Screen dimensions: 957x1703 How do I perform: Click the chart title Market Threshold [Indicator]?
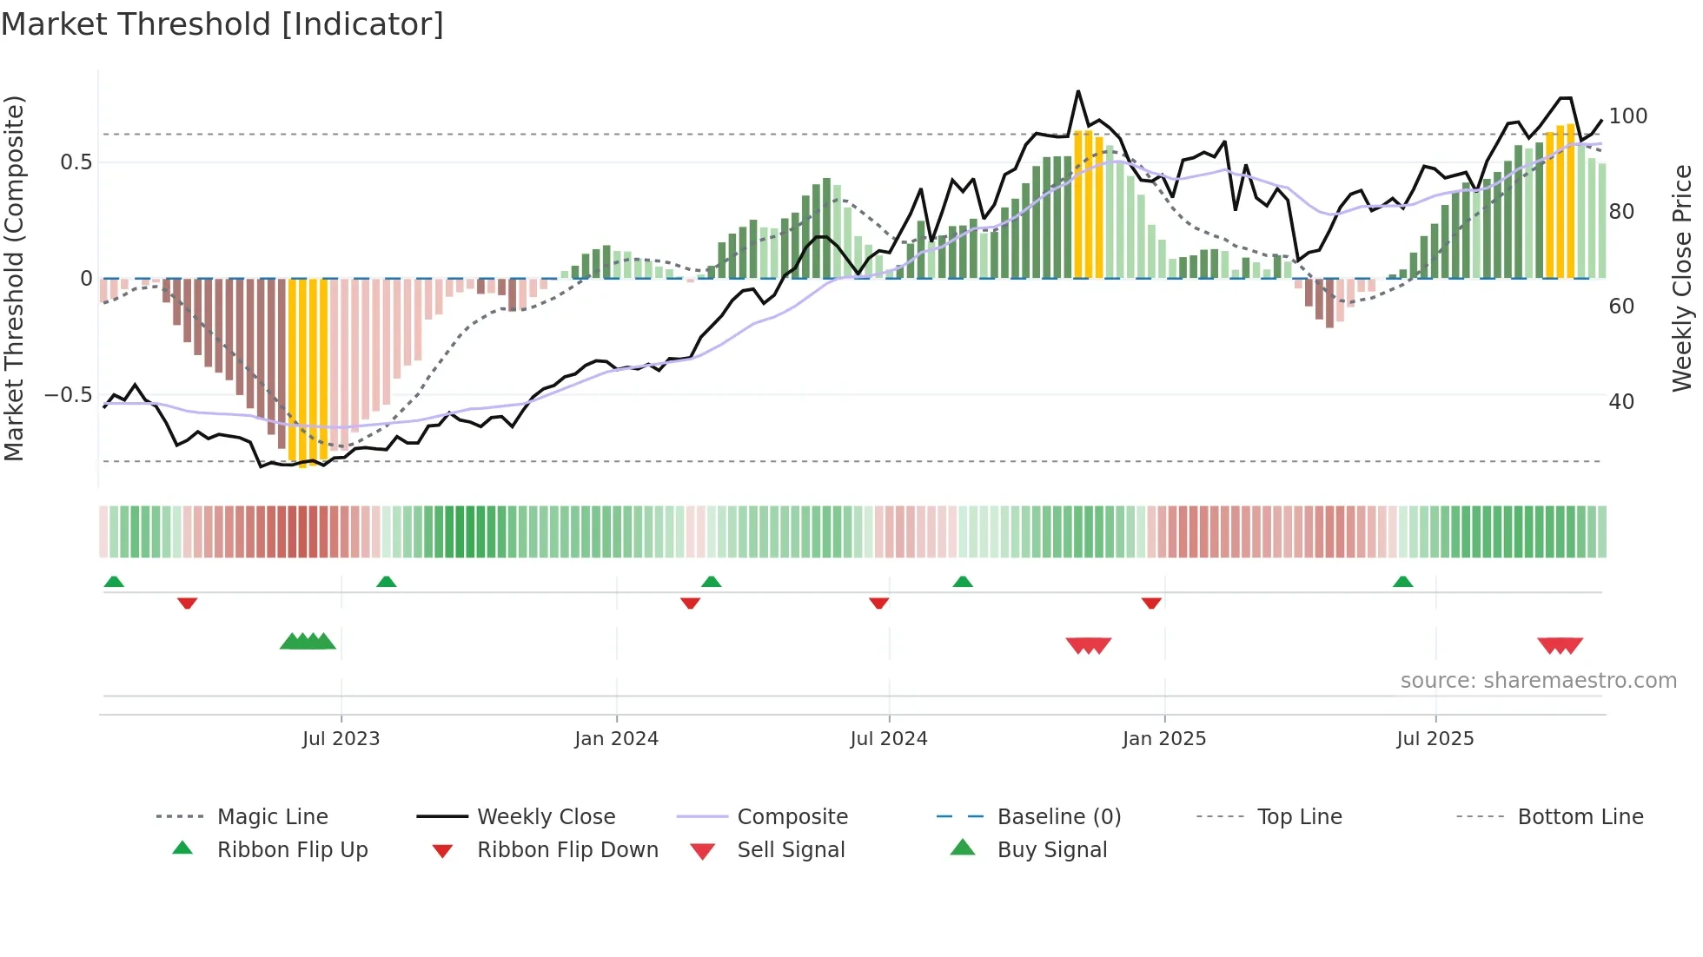[222, 24]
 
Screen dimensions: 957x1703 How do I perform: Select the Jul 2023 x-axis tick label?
[341, 739]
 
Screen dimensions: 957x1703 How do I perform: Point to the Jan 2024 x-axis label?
[616, 739]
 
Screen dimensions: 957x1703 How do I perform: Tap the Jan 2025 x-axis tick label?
[1163, 739]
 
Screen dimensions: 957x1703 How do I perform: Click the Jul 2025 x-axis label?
[1435, 739]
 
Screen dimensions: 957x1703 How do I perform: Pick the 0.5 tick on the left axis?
[76, 162]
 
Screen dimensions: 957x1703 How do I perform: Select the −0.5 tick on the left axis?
[69, 395]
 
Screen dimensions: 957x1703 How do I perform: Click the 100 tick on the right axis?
[1627, 116]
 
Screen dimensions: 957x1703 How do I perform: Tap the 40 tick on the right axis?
[1621, 402]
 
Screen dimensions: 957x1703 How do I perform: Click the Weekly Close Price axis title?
[1682, 278]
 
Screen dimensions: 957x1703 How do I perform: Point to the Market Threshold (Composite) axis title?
[14, 278]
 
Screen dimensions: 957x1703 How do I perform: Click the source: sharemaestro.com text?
[1538, 681]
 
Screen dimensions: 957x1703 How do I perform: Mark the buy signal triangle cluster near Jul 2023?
[308, 642]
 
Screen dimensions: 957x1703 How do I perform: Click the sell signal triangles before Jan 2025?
[1088, 645]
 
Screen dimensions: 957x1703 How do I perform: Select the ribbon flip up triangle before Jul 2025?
[1402, 582]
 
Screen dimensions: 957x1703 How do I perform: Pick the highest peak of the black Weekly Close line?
[1077, 91]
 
